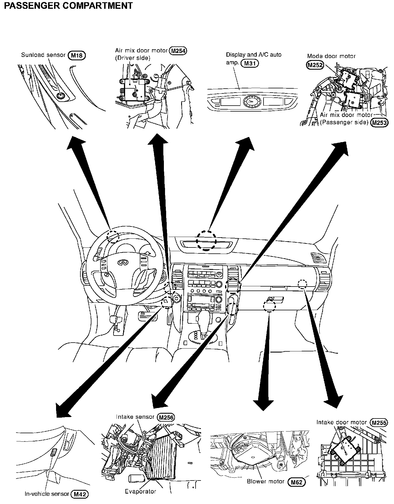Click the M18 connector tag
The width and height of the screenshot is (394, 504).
77,55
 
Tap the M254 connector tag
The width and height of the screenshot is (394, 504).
178,51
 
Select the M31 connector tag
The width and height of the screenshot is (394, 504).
250,63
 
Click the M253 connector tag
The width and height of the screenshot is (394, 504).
380,123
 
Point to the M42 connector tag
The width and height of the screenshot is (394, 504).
80,494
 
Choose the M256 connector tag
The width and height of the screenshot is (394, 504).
166,417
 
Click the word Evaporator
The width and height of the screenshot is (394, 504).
140,492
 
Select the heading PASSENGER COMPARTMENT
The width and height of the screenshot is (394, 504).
68,5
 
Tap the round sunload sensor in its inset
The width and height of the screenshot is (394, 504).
60,96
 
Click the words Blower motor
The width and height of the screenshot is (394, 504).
265,482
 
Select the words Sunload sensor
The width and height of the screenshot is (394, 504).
43,55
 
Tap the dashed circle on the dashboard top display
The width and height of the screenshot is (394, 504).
207,240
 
